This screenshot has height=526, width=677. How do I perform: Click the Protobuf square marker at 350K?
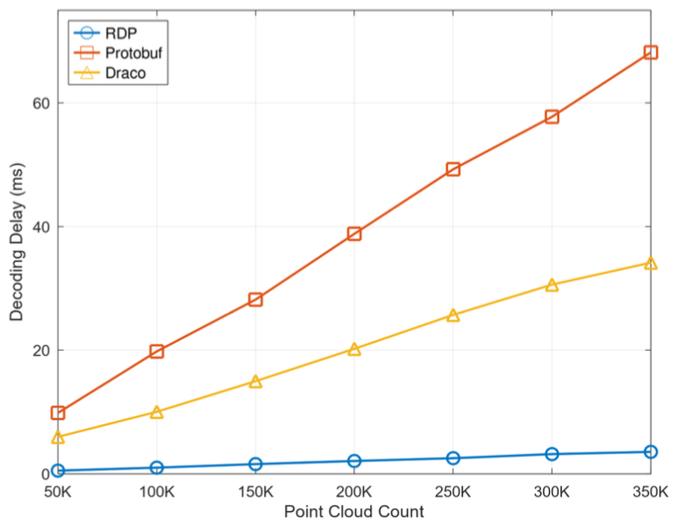click(651, 53)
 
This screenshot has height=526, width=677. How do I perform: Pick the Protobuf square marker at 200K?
click(354, 234)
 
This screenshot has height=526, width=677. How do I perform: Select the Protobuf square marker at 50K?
click(58, 413)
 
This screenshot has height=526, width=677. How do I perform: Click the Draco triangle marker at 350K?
click(651, 263)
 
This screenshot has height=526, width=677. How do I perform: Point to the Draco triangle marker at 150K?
click(255, 381)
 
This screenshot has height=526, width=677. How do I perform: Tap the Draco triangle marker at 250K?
click(453, 316)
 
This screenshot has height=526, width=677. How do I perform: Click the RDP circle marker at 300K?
click(552, 454)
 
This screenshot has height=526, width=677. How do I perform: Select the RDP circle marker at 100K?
click(156, 467)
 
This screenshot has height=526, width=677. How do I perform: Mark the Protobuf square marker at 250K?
click(453, 169)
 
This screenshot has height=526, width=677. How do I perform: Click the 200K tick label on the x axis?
click(354, 492)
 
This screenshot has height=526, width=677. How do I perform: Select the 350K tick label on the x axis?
click(649, 492)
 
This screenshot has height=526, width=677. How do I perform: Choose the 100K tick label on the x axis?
click(156, 492)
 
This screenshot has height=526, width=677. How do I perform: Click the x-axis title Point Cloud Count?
click(354, 512)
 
